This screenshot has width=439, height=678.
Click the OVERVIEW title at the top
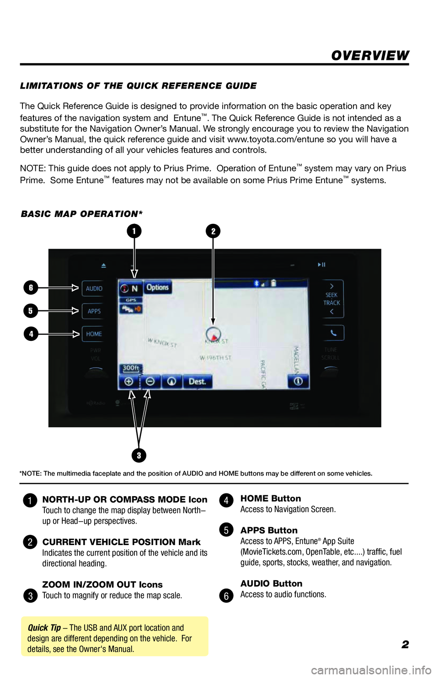[370, 56]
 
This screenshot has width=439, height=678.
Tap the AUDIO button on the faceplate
[94, 288]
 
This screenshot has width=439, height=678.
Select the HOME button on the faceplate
[94, 334]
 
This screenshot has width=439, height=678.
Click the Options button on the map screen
[158, 287]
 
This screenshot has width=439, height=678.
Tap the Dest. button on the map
[198, 381]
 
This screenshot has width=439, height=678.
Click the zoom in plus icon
[129, 381]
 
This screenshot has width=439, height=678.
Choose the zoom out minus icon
[150, 381]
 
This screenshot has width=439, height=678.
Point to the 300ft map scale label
[131, 368]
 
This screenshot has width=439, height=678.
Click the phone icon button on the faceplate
[333, 333]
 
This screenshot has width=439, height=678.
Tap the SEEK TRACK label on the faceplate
[332, 299]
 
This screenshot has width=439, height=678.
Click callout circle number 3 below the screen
[139, 455]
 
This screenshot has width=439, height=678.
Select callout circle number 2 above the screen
[213, 231]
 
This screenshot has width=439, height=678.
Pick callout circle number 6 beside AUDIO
[31, 288]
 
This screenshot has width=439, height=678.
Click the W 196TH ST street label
[215, 358]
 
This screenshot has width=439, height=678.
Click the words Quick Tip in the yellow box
[44, 628]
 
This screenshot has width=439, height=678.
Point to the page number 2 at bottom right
[405, 645]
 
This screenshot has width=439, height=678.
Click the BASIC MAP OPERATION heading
[82, 214]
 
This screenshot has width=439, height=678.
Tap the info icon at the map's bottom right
[298, 381]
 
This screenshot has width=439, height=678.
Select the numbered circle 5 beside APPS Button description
[226, 530]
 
